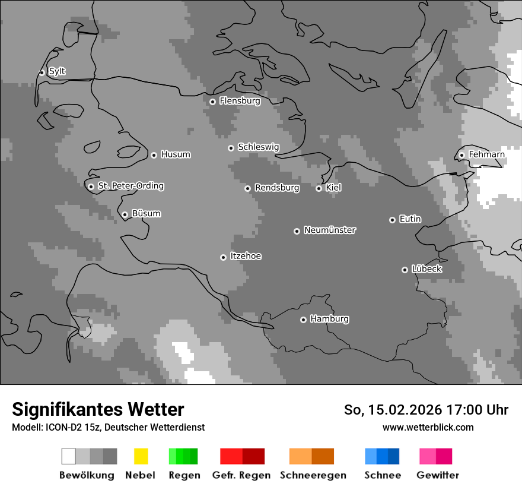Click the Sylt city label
(x=57, y=72)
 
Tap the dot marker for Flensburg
(x=212, y=102)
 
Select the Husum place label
(x=176, y=154)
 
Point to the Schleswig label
(x=258, y=147)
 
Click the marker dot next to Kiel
(x=319, y=188)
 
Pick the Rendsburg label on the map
(x=276, y=188)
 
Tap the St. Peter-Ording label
(x=130, y=186)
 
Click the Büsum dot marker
(x=125, y=214)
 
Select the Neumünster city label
(x=330, y=230)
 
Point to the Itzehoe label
(x=246, y=256)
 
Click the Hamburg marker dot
(x=303, y=320)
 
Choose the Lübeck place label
(x=426, y=269)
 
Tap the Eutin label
(x=410, y=219)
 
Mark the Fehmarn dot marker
(x=461, y=156)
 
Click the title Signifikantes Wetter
(x=98, y=410)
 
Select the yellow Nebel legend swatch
(x=141, y=456)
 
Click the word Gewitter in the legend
(x=437, y=475)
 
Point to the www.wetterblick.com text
(x=428, y=427)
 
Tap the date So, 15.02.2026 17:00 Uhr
(x=426, y=410)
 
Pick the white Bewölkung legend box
(x=68, y=456)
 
